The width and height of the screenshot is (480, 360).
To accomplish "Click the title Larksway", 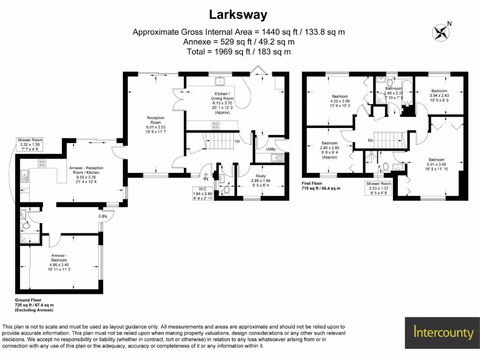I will [238, 15].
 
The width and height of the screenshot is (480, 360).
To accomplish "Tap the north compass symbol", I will [441, 32].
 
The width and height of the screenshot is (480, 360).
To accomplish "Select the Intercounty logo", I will [443, 333].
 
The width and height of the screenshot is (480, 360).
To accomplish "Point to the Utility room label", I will [270, 149].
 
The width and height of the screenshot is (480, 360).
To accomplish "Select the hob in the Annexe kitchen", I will [41, 164].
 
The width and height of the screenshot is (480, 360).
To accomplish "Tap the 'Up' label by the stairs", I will [237, 141].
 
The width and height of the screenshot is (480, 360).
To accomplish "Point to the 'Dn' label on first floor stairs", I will [370, 140].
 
